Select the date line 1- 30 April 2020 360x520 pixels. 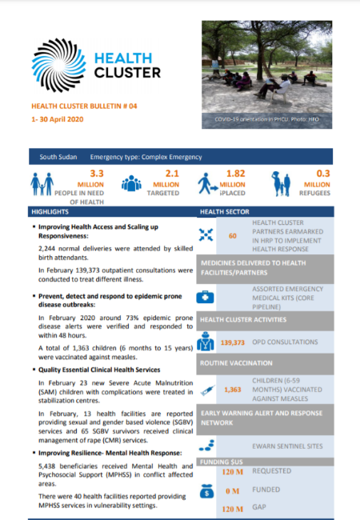(x=58, y=119)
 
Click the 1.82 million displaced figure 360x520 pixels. (x=235, y=173)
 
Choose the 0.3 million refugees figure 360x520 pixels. (x=323, y=173)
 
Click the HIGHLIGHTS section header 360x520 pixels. (x=50, y=212)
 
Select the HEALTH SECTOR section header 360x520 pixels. (x=226, y=212)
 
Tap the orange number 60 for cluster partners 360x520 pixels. (x=233, y=237)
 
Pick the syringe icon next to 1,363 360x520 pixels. (x=206, y=389)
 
